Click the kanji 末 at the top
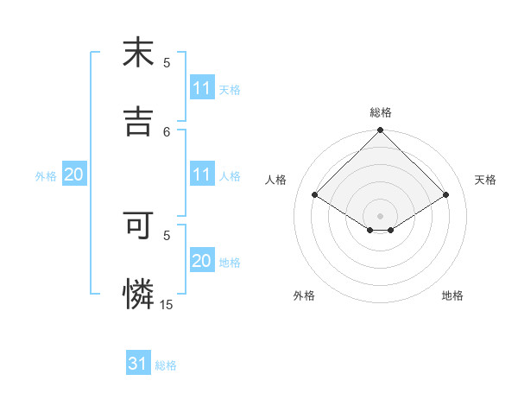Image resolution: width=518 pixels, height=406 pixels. [x=137, y=54]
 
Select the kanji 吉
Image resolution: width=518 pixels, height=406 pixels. [x=137, y=121]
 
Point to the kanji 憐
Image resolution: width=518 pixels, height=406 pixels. [x=137, y=294]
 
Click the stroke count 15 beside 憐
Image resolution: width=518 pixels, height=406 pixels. [x=167, y=304]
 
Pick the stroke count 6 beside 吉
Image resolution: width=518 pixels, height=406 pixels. [x=167, y=131]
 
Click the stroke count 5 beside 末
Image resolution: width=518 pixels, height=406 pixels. [x=167, y=63]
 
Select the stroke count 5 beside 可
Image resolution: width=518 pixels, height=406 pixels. [x=167, y=234]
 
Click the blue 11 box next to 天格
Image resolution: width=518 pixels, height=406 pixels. [x=201, y=88]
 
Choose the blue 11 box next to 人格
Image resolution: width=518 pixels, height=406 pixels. [x=201, y=174]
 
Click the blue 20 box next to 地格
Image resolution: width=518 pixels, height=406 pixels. [x=201, y=261]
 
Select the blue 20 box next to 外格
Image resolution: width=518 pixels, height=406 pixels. [x=73, y=174]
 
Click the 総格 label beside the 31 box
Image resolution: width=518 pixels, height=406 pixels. [x=166, y=365]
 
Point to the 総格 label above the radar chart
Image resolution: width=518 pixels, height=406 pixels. [x=380, y=112]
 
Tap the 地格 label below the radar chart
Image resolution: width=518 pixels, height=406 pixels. [x=452, y=295]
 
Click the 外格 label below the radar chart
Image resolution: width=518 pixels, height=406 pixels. [x=304, y=295]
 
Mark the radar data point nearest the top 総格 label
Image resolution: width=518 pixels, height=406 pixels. [x=380, y=131]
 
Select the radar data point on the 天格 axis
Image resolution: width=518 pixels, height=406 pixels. [x=446, y=194]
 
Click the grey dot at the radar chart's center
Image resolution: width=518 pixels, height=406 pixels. [x=380, y=215]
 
